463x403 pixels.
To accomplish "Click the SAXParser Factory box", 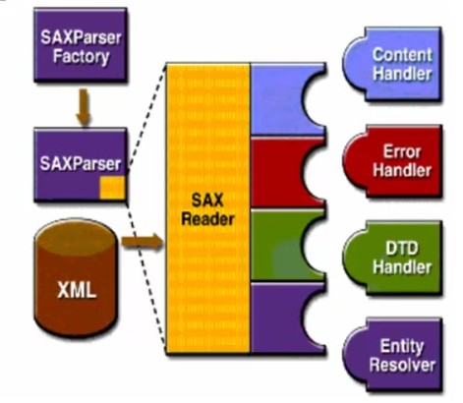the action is [81, 44].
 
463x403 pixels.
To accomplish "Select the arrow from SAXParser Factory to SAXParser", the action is [84, 107].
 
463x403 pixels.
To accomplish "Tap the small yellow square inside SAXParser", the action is [112, 188].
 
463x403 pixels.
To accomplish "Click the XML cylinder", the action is [76, 277].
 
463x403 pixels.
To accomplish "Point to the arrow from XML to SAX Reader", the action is [143, 242].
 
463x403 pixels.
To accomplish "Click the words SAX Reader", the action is [207, 209].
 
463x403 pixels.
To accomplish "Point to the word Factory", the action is [81, 56].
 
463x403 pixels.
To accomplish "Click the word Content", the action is [402, 54].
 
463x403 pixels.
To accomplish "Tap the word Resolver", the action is [402, 365].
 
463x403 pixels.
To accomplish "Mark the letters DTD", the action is [402, 248].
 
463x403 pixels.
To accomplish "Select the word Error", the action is [402, 151].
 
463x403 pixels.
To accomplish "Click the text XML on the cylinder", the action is [77, 290].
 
